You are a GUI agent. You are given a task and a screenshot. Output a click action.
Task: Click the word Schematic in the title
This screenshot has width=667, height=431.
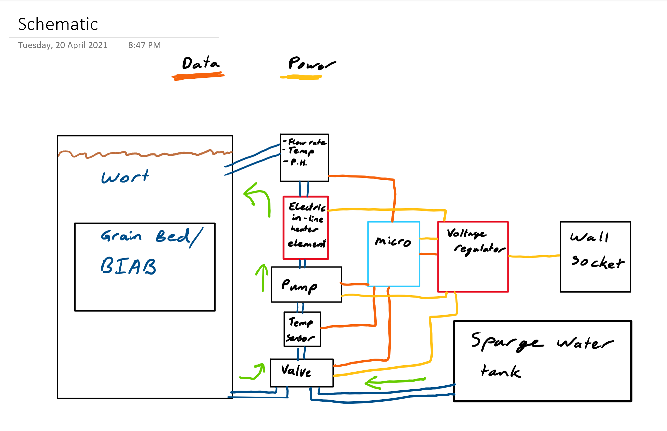tap(58, 24)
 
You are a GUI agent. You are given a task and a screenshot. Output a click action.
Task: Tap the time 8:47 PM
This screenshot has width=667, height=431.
tap(144, 45)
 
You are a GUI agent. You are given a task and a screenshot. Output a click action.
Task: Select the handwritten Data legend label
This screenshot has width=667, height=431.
tap(201, 63)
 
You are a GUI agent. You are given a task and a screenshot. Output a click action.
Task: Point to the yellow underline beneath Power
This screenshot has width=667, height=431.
tap(301, 77)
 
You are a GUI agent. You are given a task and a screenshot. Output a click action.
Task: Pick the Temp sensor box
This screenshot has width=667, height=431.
tap(302, 329)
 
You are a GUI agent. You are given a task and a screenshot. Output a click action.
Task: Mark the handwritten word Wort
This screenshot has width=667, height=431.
tap(125, 177)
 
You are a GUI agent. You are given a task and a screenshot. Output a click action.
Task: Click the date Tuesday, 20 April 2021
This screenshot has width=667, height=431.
tap(63, 45)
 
